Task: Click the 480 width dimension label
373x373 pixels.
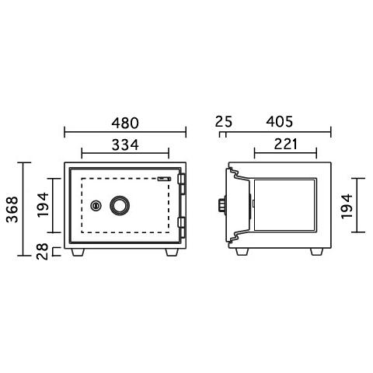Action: [x=125, y=124]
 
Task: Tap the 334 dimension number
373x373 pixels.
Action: [x=125, y=145]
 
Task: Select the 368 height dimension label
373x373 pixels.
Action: [x=12, y=209]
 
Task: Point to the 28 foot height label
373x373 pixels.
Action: [x=43, y=251]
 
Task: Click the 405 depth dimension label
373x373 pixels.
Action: [x=280, y=121]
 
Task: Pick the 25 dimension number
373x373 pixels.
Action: [x=224, y=121]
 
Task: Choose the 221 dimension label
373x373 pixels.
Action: [x=286, y=144]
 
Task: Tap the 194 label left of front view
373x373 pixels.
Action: [x=43, y=204]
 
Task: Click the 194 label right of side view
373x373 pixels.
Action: [x=347, y=206]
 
